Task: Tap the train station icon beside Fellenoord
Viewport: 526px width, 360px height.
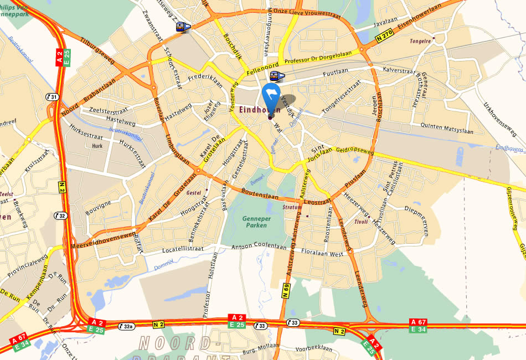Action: coord(276,76)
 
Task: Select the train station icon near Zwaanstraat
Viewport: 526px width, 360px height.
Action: coord(183,27)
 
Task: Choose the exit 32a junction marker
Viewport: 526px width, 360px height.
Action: coord(127,326)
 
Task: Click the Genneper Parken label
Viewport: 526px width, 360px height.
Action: coord(255,222)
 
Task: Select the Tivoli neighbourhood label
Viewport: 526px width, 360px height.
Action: coord(361,222)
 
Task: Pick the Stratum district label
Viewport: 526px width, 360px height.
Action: coord(292,208)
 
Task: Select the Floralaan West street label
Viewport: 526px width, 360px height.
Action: coord(322,253)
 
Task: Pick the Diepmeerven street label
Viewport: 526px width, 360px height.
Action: coord(421,210)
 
